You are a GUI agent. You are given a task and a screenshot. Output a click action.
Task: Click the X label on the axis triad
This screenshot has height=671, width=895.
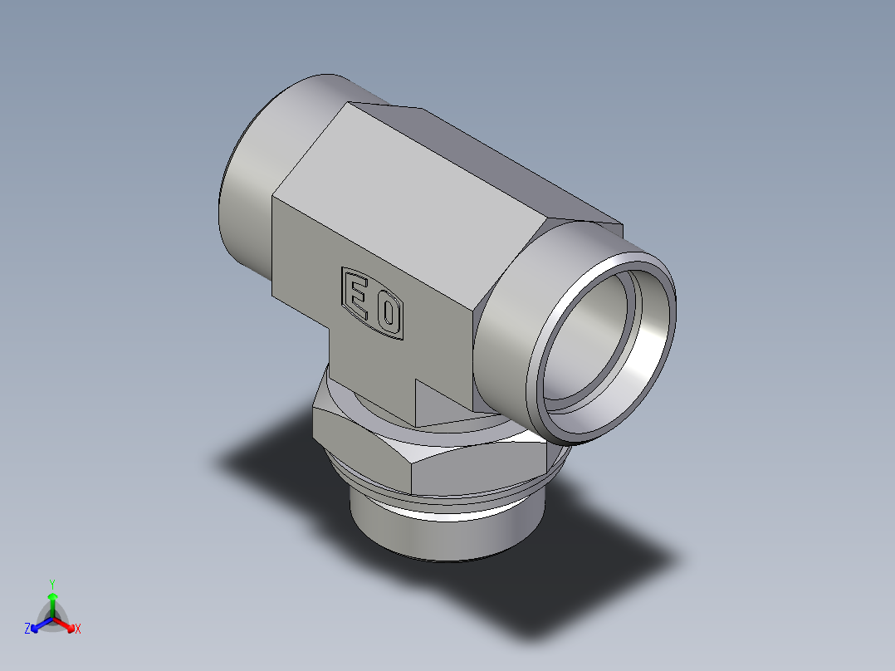(77, 629)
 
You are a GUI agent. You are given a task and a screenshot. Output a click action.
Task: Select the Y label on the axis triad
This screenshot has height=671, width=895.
(51, 584)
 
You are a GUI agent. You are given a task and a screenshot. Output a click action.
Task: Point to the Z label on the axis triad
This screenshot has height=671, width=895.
(27, 629)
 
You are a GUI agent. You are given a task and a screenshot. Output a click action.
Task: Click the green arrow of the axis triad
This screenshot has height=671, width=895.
(52, 600)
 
